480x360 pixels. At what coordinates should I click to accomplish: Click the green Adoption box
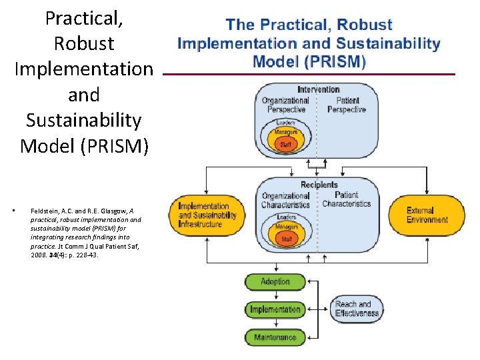[x=275, y=282]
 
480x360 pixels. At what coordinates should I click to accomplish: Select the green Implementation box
[x=275, y=309]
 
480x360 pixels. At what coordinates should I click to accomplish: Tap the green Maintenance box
[x=275, y=337]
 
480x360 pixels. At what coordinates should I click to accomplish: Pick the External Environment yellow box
[x=427, y=215]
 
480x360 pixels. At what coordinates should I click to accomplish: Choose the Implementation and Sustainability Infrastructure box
[x=207, y=215]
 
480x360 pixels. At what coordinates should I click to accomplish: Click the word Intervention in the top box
[x=318, y=89]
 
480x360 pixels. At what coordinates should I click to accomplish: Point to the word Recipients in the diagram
[x=319, y=185]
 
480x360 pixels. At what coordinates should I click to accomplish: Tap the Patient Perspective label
[x=346, y=105]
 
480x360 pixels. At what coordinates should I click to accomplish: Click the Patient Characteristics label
[x=347, y=199]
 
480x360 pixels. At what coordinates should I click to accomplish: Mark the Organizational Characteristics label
[x=285, y=201]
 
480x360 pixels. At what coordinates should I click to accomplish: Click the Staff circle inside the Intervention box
[x=285, y=144]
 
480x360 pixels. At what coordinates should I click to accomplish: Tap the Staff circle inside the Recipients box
[x=286, y=239]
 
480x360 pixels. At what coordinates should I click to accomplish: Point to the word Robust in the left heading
[x=84, y=44]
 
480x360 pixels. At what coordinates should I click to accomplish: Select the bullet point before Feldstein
[x=23, y=211]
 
